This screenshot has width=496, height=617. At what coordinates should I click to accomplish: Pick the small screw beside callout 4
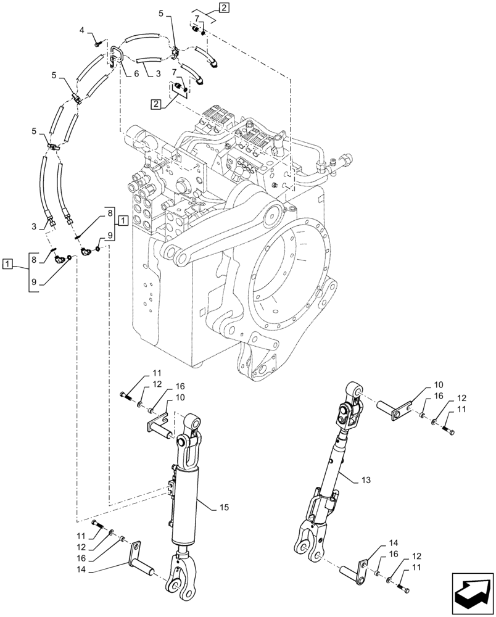(x=98, y=43)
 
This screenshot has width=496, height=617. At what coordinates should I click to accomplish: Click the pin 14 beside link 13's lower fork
(x=357, y=568)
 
